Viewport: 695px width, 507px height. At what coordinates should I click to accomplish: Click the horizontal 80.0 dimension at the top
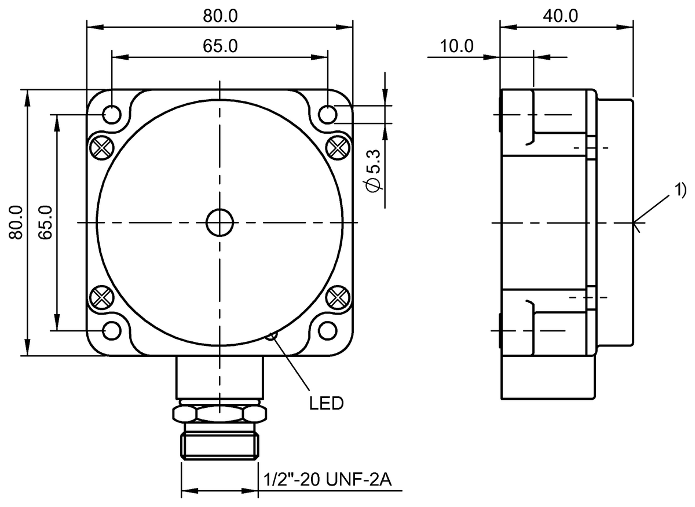point(220,16)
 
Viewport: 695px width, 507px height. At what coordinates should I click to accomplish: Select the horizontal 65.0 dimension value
point(220,46)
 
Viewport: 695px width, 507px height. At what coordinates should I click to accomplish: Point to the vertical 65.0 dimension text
point(46,223)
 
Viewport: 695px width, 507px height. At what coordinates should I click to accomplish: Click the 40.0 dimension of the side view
point(561,16)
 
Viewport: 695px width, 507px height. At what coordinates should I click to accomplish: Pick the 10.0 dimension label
point(457,46)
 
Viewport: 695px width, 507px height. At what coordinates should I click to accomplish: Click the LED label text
point(325,403)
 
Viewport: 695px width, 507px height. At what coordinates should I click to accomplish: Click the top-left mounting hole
point(112,114)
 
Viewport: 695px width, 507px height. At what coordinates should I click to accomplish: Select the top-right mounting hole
point(328,114)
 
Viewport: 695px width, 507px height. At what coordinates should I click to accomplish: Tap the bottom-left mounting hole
point(112,330)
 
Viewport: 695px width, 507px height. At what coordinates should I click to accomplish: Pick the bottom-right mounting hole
point(328,330)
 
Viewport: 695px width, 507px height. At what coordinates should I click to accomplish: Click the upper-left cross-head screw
point(102,147)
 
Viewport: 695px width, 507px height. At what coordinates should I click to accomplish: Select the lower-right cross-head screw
point(337,298)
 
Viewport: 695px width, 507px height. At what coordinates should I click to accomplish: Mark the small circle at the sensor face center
point(220,223)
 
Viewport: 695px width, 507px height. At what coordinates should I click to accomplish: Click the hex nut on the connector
point(220,413)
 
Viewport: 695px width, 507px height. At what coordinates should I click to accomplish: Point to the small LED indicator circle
point(271,335)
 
